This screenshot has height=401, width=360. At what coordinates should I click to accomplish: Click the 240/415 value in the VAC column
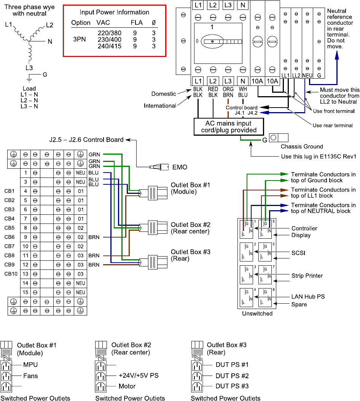point(109,46)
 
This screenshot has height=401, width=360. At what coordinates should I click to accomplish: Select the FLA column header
point(137,23)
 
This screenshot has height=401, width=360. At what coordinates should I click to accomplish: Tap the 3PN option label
point(80,40)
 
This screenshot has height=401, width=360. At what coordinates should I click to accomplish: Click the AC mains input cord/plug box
point(229,127)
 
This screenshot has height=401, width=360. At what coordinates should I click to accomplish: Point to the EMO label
point(180,167)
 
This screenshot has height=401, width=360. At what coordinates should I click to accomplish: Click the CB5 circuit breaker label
point(10,228)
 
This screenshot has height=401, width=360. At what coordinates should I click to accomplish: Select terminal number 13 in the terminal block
point(25,274)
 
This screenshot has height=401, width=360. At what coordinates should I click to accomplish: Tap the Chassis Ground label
point(302,147)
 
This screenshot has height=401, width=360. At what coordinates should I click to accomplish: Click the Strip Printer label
point(307,276)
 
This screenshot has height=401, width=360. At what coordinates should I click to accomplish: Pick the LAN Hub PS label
point(308,296)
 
